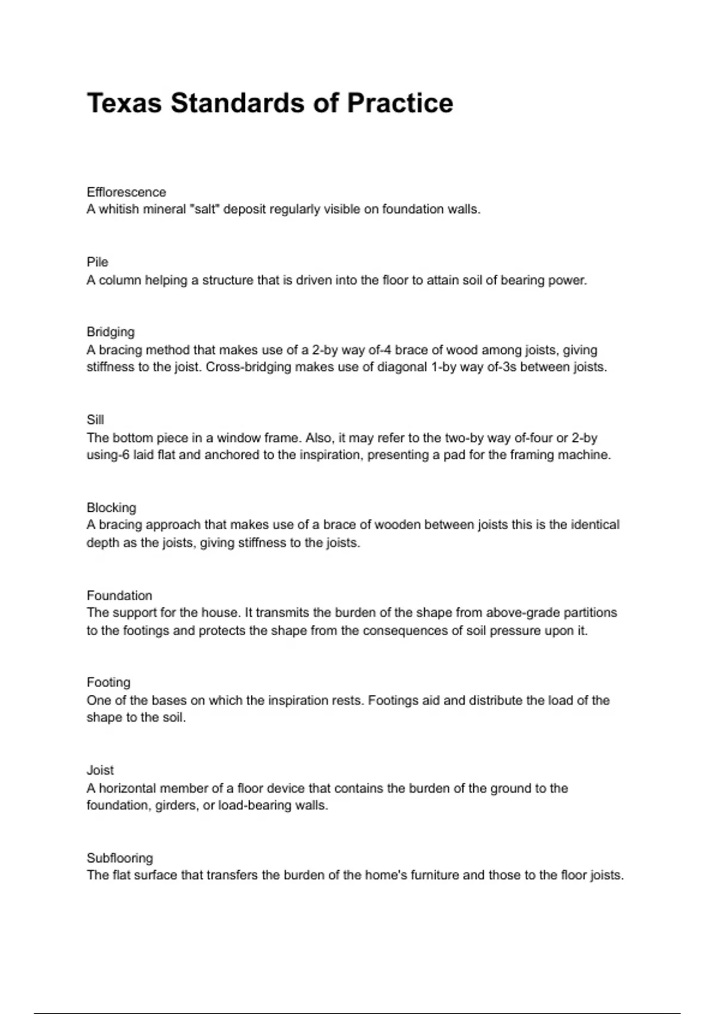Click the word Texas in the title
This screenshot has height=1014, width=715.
tap(124, 103)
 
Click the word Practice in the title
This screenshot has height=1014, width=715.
tap(400, 103)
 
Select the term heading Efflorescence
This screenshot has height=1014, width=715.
tap(126, 192)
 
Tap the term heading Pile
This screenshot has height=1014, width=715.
tap(97, 262)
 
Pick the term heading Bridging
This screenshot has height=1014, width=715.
tap(110, 332)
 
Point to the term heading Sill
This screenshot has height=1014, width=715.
tap(95, 419)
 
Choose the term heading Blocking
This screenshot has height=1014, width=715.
tap(111, 508)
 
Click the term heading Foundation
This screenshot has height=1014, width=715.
tap(119, 595)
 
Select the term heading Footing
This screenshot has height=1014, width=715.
tap(108, 682)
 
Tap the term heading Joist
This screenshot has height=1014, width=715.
tap(100, 770)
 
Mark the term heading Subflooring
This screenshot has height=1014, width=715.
tap(120, 858)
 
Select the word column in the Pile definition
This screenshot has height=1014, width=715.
tap(120, 280)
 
